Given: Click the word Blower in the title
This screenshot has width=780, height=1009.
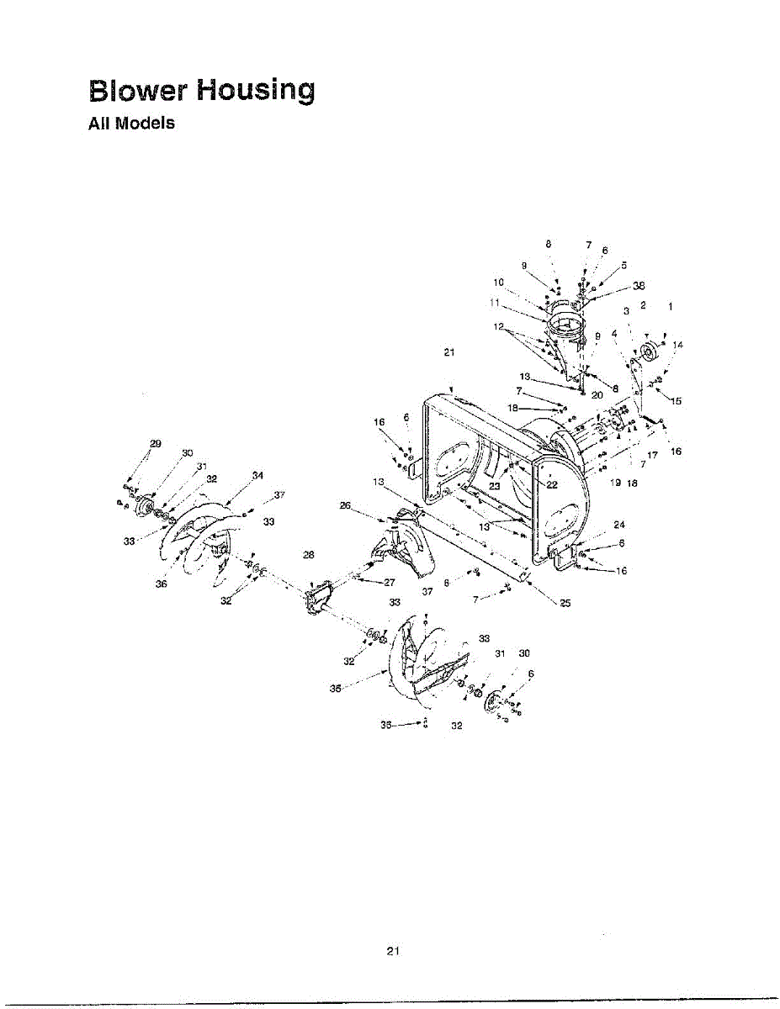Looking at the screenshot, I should tap(137, 90).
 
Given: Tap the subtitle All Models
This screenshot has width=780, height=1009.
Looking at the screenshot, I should tap(131, 124).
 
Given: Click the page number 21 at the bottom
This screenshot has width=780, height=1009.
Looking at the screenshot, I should tap(391, 951).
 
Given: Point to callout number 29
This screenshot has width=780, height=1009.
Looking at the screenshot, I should tap(155, 443).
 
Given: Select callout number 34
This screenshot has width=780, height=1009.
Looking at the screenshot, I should tap(257, 476).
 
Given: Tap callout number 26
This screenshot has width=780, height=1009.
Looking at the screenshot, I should tap(345, 505).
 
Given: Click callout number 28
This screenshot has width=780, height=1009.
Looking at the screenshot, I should tap(308, 555).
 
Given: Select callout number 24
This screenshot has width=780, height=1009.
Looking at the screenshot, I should tap(619, 525).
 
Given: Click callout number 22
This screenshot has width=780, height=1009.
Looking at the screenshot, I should tap(552, 484).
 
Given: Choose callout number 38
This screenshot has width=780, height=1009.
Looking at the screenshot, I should tap(627, 284).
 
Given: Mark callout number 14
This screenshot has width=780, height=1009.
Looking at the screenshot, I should tap(678, 345).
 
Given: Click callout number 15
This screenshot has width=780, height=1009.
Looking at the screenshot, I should tap(675, 400).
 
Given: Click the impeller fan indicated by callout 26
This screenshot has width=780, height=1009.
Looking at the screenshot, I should tap(402, 547).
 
